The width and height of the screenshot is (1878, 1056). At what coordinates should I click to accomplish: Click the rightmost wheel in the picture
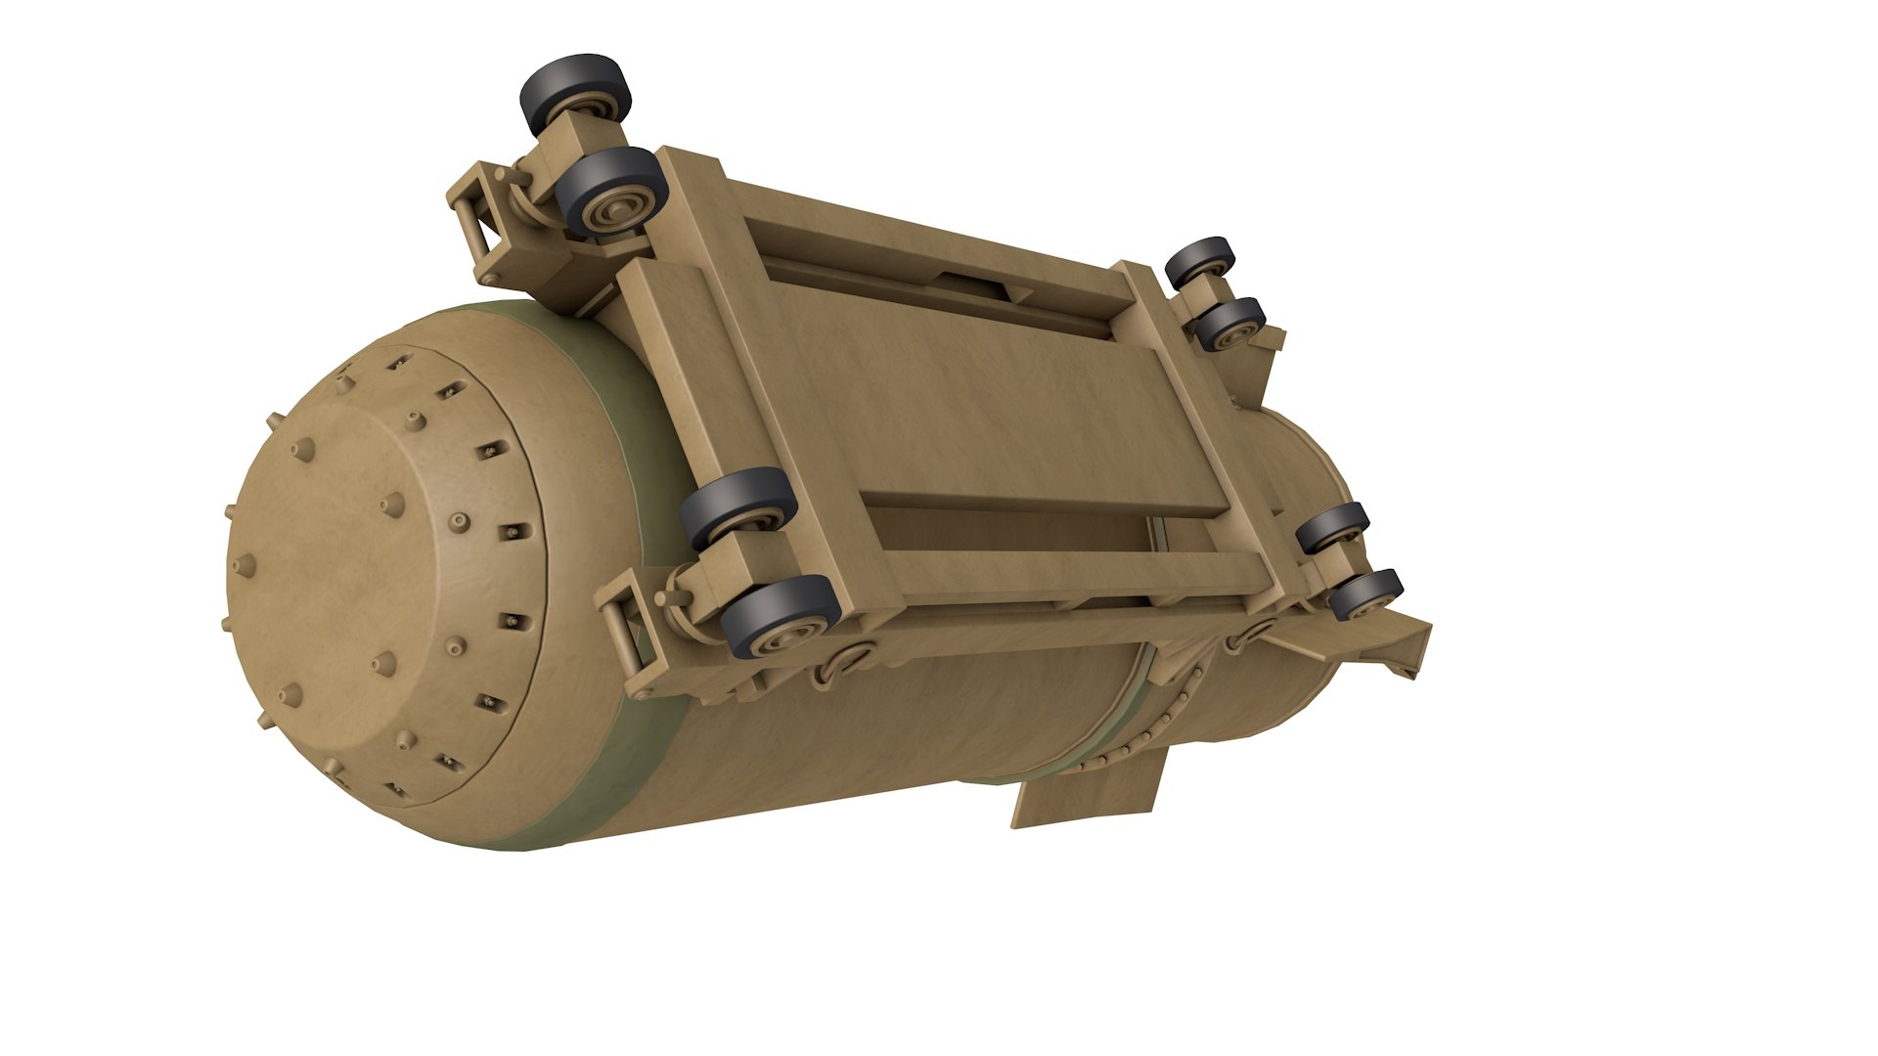[1368, 594]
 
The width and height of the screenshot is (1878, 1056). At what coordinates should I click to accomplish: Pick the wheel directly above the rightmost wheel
[1334, 527]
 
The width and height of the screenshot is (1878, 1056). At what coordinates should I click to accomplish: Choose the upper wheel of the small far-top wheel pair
[1201, 259]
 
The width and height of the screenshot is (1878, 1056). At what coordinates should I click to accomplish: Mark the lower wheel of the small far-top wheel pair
[1232, 325]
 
